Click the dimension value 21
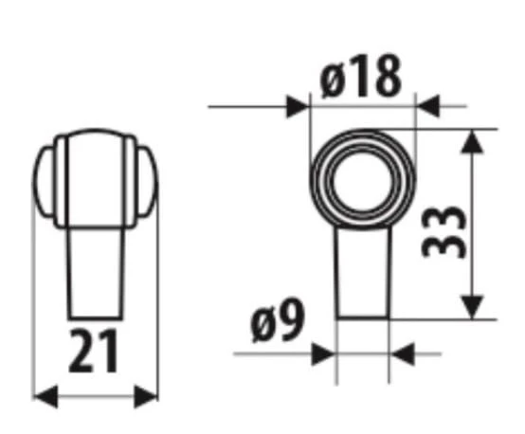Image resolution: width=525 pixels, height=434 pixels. click(95, 353)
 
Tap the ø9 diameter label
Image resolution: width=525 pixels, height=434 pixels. click(278, 325)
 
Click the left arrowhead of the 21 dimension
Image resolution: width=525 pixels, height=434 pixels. click(44, 396)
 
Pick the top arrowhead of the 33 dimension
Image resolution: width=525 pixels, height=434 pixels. click(473, 140)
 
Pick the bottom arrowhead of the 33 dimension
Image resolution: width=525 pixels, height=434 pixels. click(473, 307)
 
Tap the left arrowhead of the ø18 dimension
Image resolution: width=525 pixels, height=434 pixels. click(301, 105)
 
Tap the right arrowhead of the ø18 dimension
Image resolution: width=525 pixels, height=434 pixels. click(425, 105)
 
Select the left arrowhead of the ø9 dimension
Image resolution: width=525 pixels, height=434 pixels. click(325, 354)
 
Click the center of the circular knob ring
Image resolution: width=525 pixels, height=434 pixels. click(363, 177)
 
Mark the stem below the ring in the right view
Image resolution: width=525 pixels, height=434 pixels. click(363, 275)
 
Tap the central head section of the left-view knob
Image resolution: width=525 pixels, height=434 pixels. click(95, 180)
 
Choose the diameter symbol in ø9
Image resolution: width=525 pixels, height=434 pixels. click(261, 326)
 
